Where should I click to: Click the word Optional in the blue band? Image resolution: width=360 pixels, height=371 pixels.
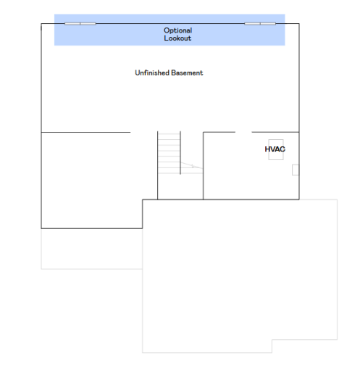(177, 30)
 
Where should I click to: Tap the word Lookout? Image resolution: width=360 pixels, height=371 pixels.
(177, 38)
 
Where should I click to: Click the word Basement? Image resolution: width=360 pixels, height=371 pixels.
(187, 72)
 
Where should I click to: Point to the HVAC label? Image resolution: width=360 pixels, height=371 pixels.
(275, 149)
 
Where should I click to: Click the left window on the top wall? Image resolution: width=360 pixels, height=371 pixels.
(80, 24)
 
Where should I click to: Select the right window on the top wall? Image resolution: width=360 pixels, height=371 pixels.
(260, 24)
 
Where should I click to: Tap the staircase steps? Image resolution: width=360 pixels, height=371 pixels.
(169, 153)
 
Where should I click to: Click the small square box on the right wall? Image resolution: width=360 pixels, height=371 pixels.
(296, 170)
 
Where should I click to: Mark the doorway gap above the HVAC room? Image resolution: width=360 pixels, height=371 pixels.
(243, 132)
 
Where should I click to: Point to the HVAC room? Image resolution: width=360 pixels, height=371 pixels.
(251, 166)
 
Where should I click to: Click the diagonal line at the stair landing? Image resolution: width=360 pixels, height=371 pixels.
(191, 165)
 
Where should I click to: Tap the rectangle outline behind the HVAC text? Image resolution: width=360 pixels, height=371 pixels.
(276, 140)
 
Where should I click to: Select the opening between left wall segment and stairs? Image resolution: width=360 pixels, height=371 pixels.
(144, 132)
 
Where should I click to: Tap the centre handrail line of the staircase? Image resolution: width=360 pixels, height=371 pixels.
(180, 153)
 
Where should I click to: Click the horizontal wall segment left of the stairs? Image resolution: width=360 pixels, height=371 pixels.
(85, 132)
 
